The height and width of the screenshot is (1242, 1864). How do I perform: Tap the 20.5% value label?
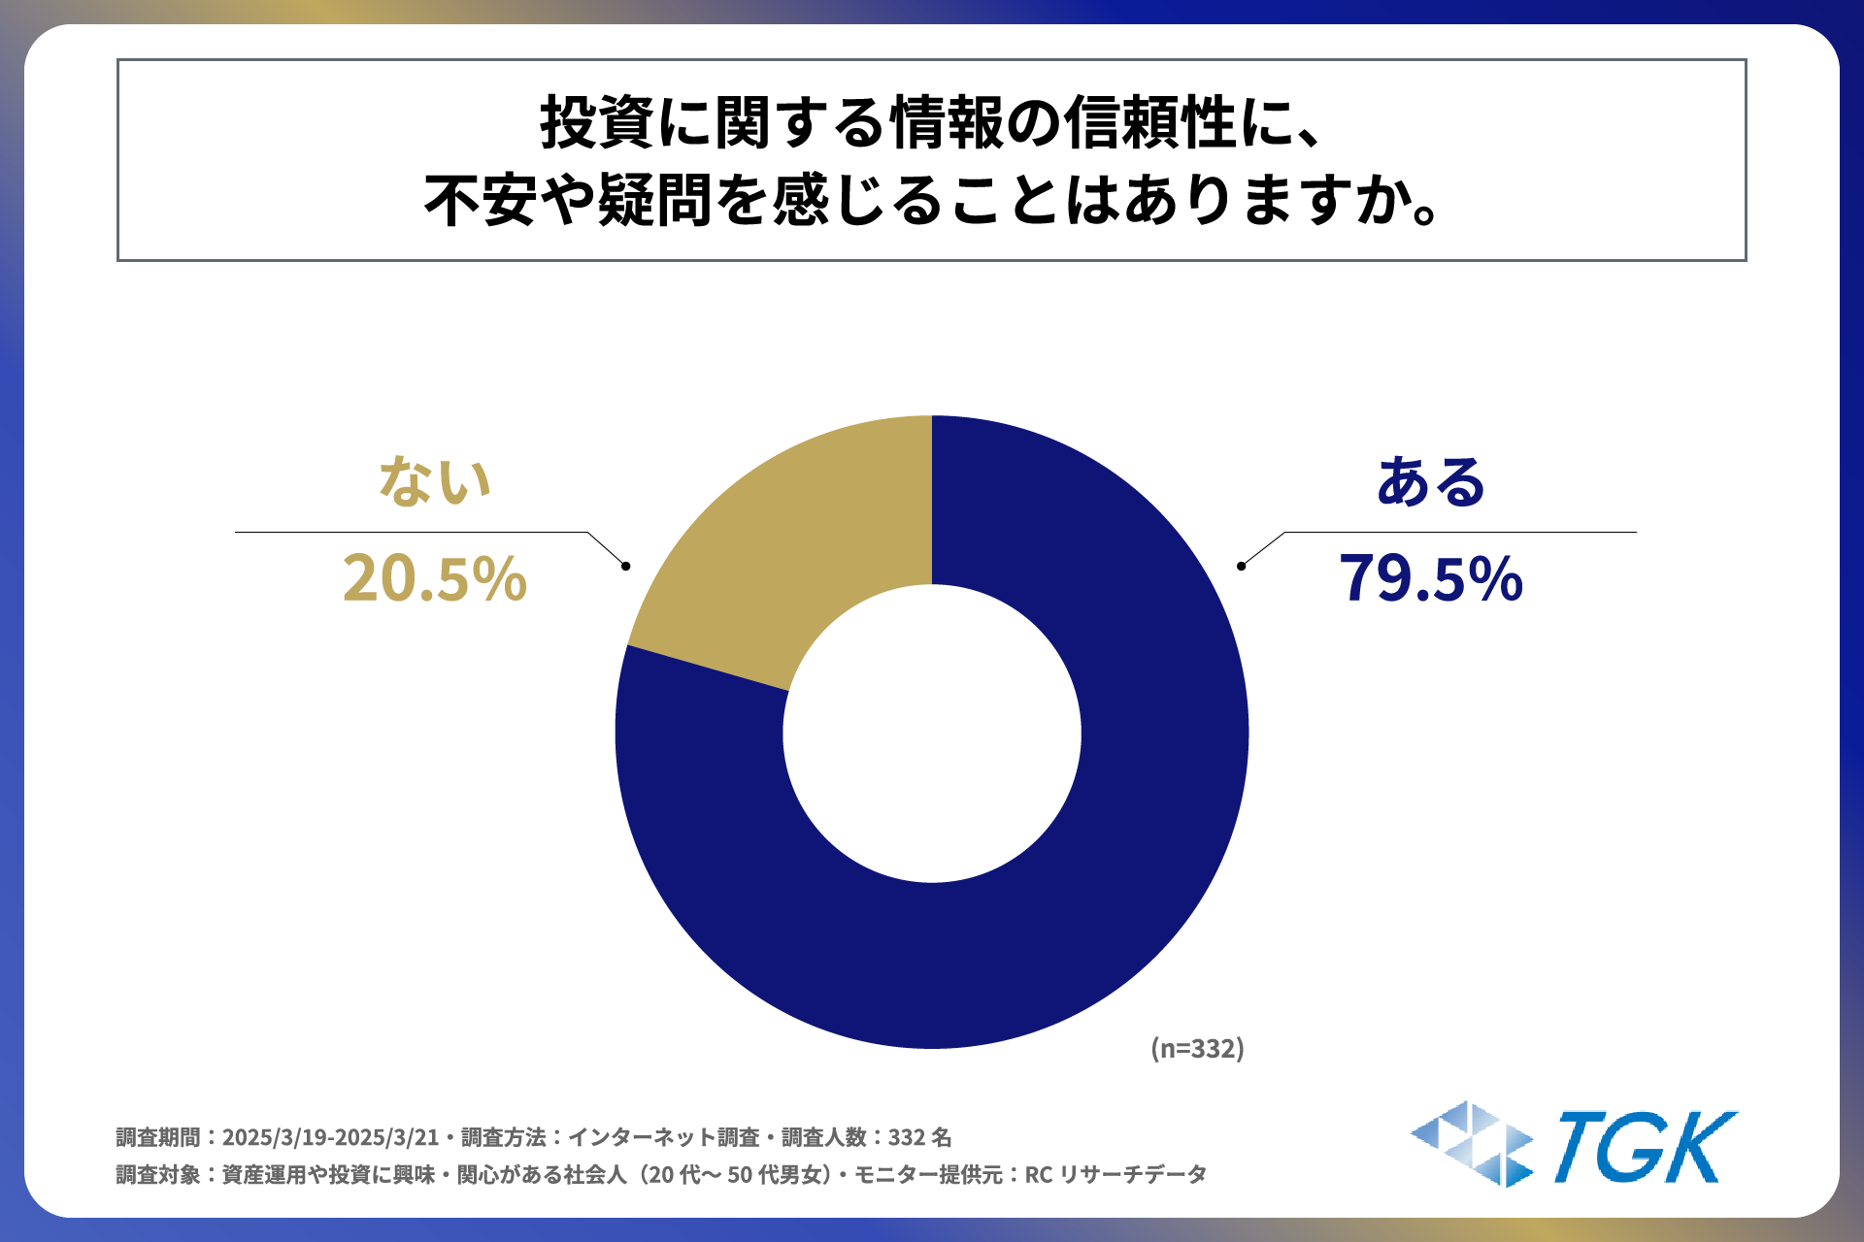[434, 579]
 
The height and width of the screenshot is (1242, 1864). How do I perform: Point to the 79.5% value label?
[1430, 579]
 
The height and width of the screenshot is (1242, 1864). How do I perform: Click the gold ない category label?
[434, 481]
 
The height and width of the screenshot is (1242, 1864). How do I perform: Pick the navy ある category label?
[1430, 481]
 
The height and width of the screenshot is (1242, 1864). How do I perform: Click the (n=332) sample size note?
[1197, 1049]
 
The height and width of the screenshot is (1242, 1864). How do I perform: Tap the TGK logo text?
[1645, 1148]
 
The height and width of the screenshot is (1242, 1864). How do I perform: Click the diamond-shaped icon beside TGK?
[1472, 1144]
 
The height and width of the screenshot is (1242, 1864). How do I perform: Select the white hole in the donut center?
[932, 733]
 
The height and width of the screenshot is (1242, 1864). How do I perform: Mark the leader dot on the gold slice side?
[626, 566]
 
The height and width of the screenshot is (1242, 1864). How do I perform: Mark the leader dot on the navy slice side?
[1241, 566]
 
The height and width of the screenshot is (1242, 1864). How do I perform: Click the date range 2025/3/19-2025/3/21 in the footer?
[330, 1137]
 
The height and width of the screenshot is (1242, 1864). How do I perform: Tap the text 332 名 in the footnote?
[919, 1137]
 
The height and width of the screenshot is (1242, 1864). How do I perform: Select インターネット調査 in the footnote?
[663, 1137]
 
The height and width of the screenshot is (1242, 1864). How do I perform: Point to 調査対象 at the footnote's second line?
[157, 1175]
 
